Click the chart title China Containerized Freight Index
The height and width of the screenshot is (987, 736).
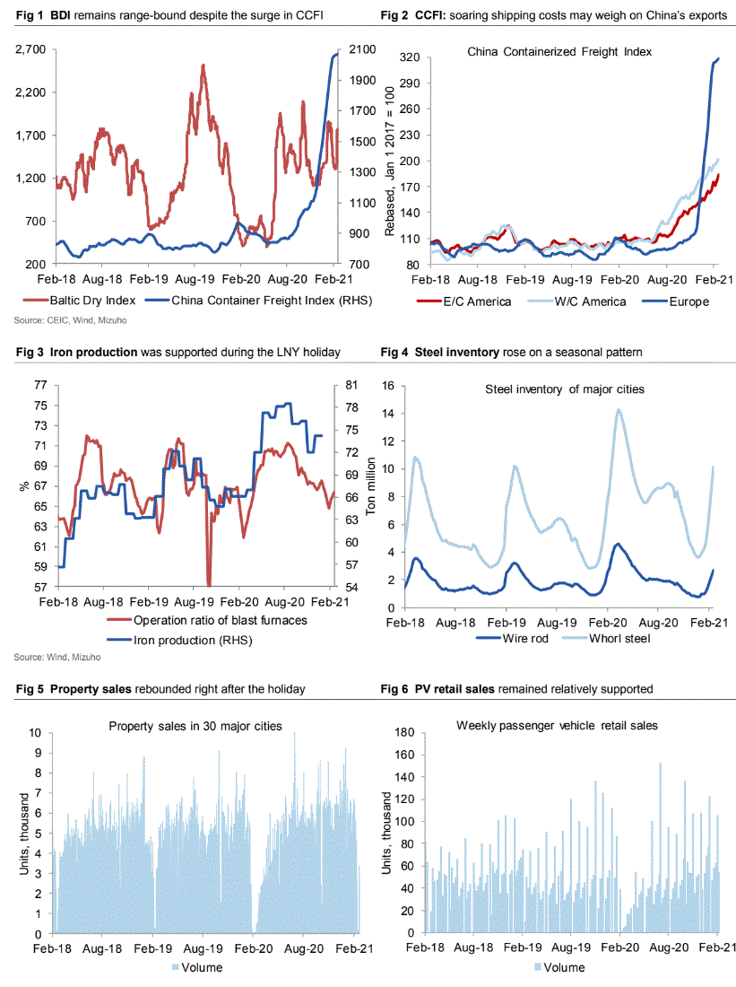click(x=559, y=51)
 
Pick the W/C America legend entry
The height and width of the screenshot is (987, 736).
click(x=576, y=301)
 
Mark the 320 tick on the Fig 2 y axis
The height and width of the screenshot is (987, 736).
click(x=410, y=57)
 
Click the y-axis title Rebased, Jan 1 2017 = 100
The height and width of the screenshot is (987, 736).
click(x=389, y=162)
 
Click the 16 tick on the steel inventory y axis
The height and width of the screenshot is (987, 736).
click(x=388, y=386)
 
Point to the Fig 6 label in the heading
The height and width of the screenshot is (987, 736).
click(x=395, y=689)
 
